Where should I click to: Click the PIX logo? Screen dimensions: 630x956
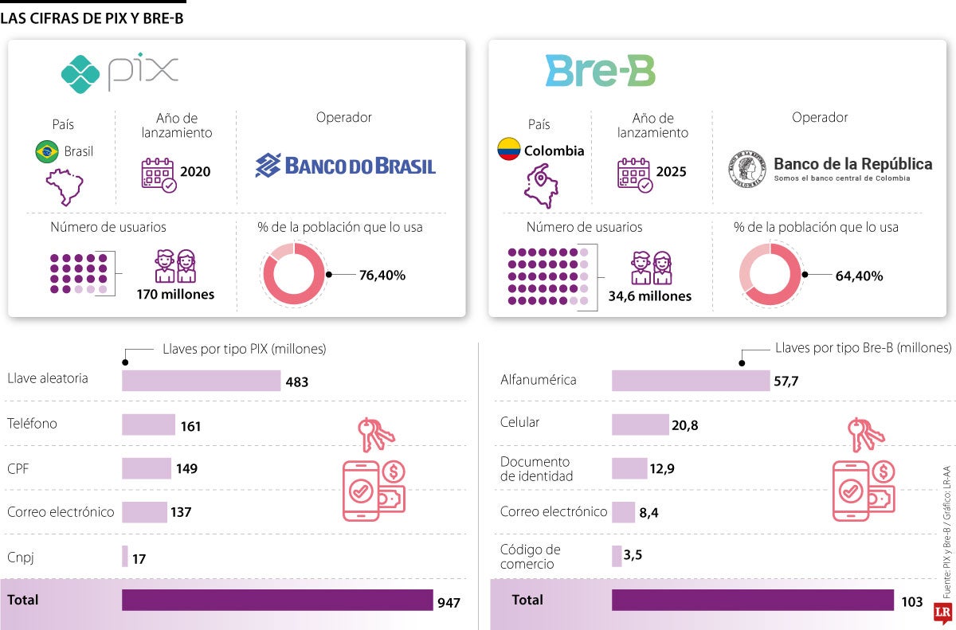(x=119, y=73)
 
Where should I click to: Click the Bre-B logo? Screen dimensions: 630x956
(x=600, y=71)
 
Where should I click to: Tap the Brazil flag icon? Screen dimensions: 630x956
(x=47, y=151)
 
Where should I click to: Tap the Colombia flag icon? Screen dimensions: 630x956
(x=509, y=150)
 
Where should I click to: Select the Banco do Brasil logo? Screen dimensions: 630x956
(x=345, y=166)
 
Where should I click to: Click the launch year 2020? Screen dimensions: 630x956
(x=195, y=171)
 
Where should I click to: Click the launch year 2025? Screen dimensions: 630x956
(x=671, y=171)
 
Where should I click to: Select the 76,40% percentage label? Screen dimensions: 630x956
(x=382, y=276)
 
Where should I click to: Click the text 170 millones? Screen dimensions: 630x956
(x=175, y=295)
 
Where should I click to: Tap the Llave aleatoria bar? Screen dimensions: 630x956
(x=201, y=381)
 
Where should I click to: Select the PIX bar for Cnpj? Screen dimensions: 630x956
(x=125, y=556)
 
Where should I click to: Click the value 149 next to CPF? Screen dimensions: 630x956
(x=187, y=468)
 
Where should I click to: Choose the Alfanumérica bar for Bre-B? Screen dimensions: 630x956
(x=690, y=381)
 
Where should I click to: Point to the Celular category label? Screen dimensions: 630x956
(x=519, y=422)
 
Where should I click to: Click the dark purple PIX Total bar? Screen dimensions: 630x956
(x=276, y=600)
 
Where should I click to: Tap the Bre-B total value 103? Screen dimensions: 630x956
(x=911, y=602)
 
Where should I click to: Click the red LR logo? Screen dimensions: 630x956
(x=943, y=611)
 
